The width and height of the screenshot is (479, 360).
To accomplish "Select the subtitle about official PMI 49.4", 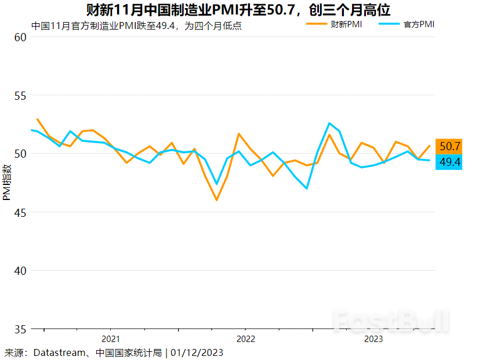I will tap(136, 26).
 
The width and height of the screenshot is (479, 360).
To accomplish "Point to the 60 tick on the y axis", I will tap(20, 37).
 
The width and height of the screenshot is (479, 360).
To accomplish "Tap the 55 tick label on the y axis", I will tap(20, 96).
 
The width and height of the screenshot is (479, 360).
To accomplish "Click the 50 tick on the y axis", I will tap(20, 154).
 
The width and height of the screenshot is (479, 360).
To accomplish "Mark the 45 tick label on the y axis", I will tap(20, 212).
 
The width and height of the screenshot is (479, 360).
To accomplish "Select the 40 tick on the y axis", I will tap(20, 271).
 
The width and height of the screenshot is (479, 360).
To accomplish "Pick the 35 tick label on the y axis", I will tap(20, 329).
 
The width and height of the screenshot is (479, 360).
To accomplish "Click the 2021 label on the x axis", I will tap(110, 339).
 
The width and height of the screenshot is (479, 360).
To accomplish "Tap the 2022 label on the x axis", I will tap(245, 339).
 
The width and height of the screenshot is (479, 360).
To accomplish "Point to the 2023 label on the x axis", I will tap(373, 339).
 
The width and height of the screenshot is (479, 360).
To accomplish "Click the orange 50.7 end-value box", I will tap(449, 146).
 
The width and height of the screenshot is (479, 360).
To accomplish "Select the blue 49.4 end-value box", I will tap(449, 162).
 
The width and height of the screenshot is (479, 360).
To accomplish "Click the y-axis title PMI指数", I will tap(7, 182).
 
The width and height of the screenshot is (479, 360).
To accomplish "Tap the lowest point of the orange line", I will tap(216, 200).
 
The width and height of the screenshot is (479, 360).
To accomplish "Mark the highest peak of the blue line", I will tap(329, 123).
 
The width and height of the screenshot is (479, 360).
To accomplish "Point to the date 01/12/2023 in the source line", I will tap(197, 352).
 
